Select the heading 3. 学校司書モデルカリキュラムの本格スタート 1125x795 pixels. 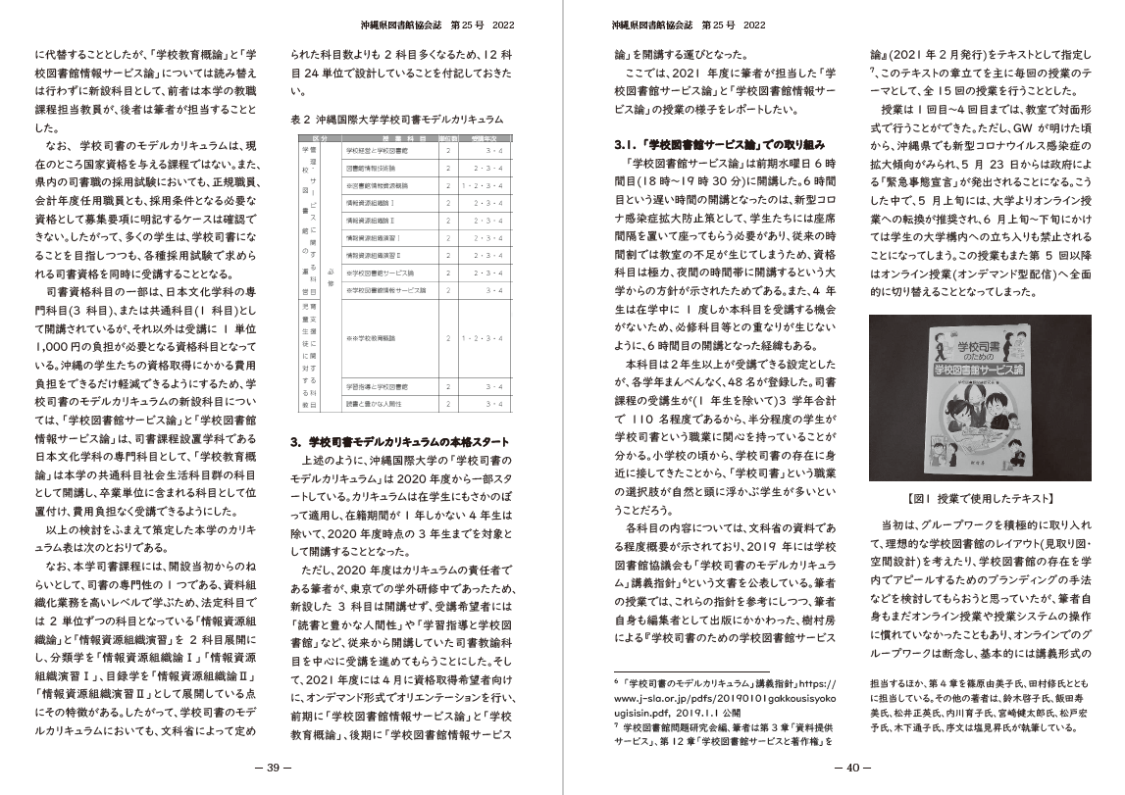click(401, 442)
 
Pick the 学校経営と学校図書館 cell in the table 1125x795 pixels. click(373, 152)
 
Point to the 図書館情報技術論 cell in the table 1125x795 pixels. click(373, 168)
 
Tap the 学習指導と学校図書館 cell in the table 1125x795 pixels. click(377, 385)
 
